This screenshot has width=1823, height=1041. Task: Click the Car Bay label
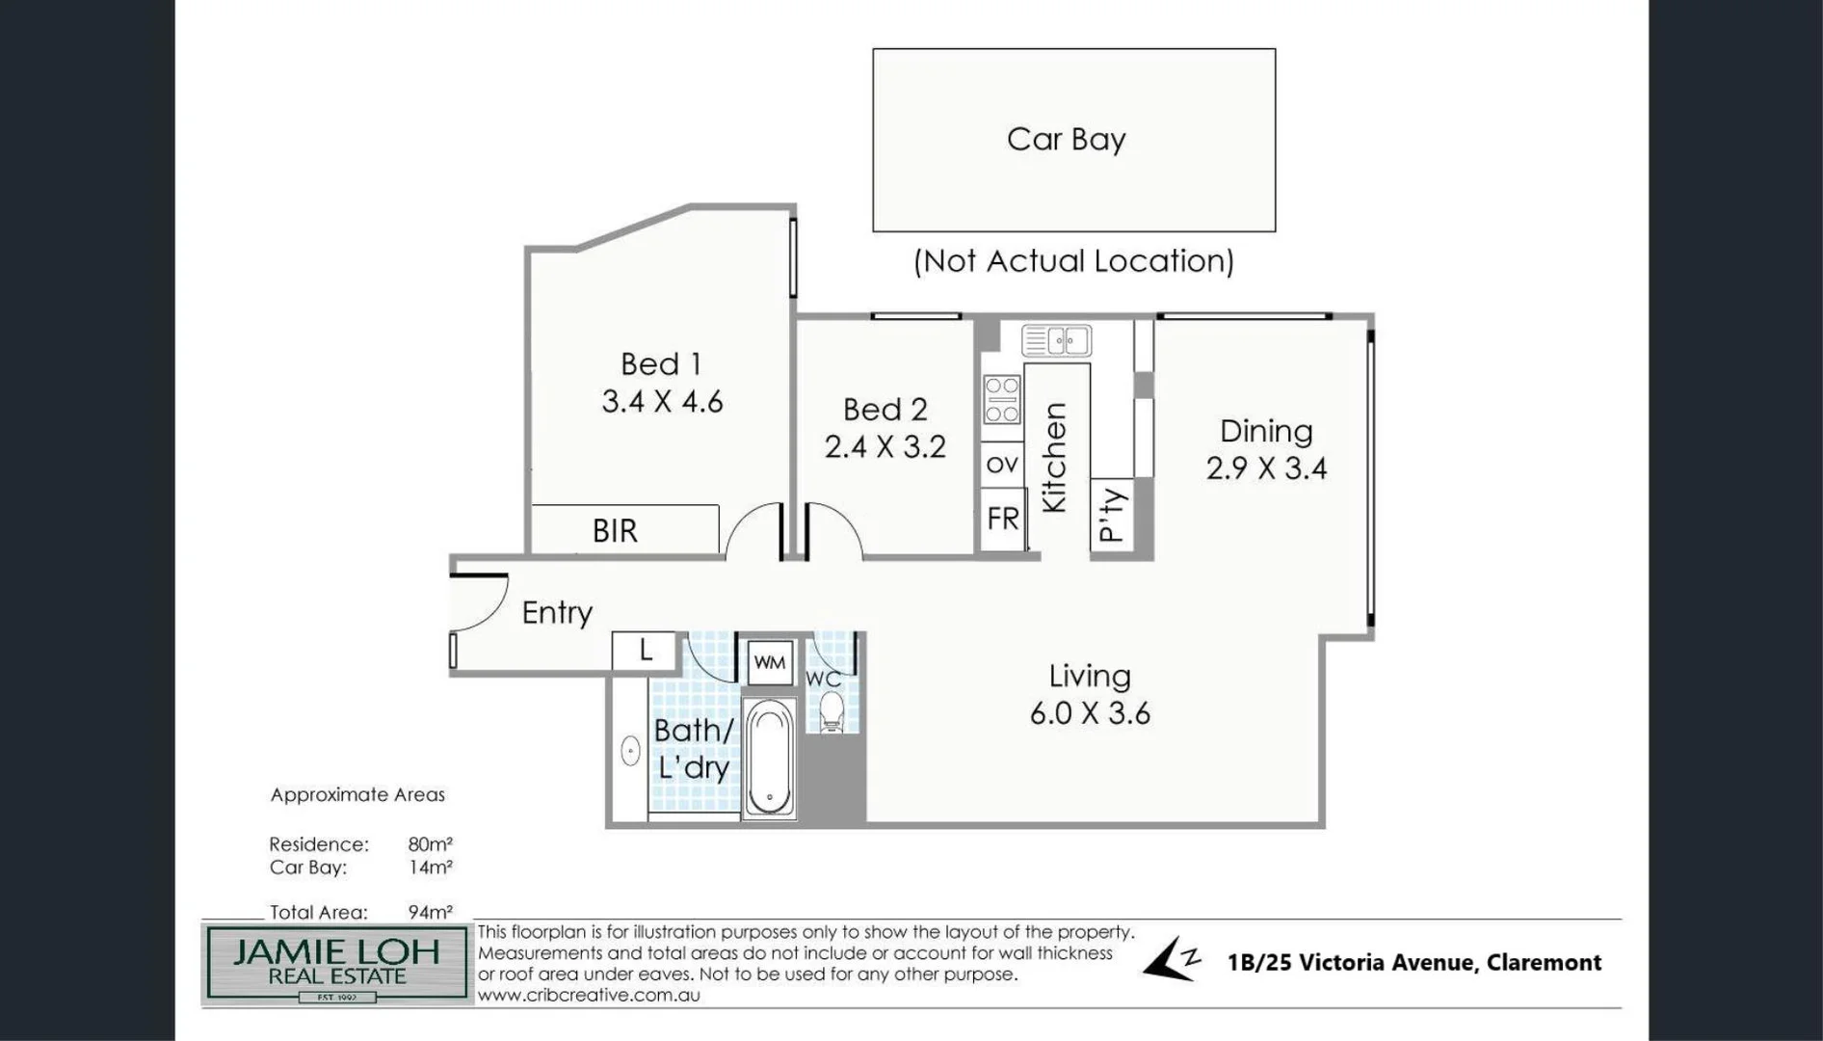1066,140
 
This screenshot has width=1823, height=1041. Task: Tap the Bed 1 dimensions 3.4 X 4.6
662,402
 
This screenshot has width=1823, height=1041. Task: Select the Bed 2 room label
885,410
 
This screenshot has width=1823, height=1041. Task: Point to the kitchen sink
1056,340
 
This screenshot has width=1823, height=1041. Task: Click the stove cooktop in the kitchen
1001,400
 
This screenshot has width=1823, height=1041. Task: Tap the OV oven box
1002,465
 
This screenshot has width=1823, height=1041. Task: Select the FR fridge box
1002,520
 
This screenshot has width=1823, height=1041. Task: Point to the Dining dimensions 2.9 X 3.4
1266,468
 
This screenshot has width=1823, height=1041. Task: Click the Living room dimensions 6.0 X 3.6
1090,713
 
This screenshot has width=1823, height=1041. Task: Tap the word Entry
557,613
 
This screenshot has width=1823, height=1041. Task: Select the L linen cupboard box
646,651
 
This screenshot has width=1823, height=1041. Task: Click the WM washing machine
769,663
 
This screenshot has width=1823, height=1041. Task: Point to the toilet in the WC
831,714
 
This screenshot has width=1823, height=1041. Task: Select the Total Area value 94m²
430,912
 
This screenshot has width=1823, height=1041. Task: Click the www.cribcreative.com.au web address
589,996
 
